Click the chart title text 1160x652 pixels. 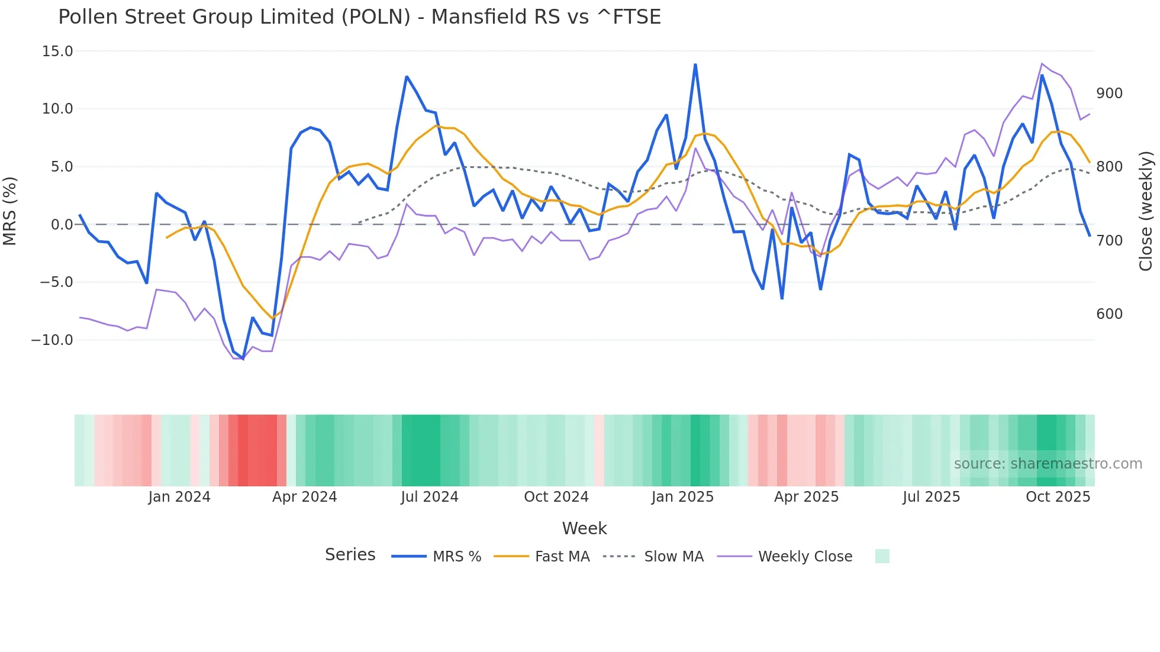coord(359,17)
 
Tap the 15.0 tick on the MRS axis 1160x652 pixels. coord(57,51)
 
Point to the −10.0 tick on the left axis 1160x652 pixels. coord(52,340)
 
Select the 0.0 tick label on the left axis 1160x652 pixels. coord(62,225)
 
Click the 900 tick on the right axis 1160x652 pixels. coord(1109,93)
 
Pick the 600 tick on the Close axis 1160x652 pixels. coord(1109,314)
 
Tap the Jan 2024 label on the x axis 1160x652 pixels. coord(179,497)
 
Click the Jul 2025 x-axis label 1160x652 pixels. coord(931,497)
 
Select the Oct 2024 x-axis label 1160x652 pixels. coord(556,497)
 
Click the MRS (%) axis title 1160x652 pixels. coord(10,211)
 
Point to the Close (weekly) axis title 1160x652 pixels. coord(1146,211)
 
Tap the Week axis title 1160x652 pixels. coord(584,528)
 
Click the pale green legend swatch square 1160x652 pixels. coord(882,557)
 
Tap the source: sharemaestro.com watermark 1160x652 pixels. coord(1048,464)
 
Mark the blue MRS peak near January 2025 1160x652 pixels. coord(695,64)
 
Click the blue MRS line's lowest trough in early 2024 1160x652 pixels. coord(243,359)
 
